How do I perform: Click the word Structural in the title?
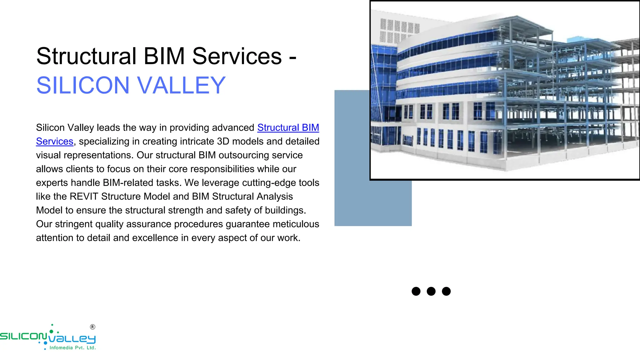click(x=86, y=56)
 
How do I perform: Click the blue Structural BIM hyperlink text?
click(x=288, y=127)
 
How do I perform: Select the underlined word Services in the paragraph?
click(x=55, y=141)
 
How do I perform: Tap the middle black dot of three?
click(x=431, y=291)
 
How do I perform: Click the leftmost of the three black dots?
click(x=416, y=291)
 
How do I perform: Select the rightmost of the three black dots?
click(x=446, y=291)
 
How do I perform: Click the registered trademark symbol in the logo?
click(x=92, y=327)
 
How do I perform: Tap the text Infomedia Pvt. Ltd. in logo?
click(x=72, y=348)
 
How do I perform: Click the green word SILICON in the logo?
click(x=23, y=337)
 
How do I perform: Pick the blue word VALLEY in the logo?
click(x=72, y=339)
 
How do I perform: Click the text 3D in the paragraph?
click(x=223, y=141)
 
